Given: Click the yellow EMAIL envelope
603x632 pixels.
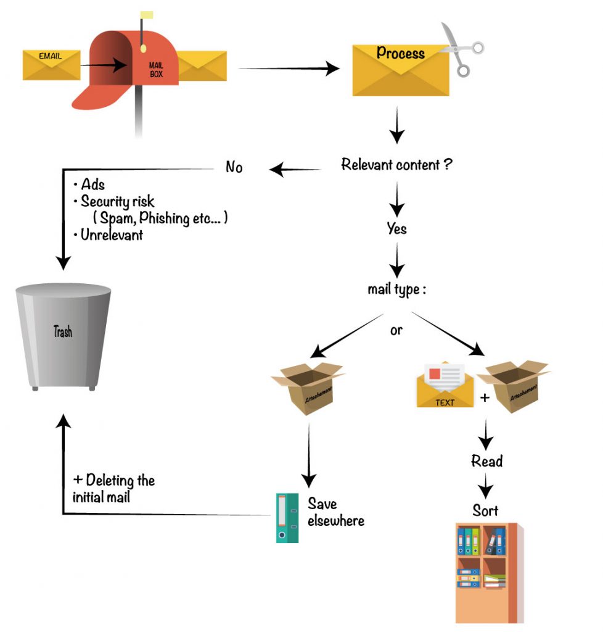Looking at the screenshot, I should (x=51, y=65).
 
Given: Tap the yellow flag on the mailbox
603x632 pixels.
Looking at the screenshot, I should (x=146, y=15).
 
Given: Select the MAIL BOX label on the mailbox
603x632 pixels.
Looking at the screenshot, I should (x=156, y=69).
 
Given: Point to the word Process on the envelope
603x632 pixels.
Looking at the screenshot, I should (x=400, y=53).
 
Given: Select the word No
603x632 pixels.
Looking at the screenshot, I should (x=234, y=167).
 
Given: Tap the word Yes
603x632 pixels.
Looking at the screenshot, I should (x=396, y=228).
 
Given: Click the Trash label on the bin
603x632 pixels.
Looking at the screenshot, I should (x=62, y=331).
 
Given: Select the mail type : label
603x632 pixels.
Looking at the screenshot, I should (x=396, y=289).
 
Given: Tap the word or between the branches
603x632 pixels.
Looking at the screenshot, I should (x=396, y=330).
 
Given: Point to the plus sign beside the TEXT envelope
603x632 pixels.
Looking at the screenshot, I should (x=485, y=398).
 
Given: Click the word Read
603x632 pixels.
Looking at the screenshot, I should (x=486, y=461).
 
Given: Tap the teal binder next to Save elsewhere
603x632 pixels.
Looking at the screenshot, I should (x=287, y=517).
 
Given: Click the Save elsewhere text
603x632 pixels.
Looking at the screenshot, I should (x=336, y=512).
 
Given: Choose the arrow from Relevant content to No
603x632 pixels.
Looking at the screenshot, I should (x=296, y=168).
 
